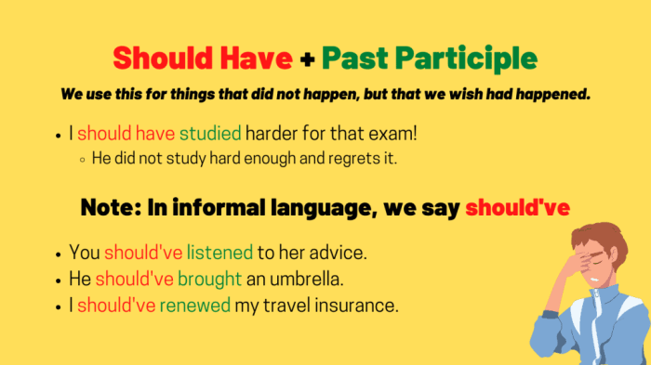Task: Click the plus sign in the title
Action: pos(308,59)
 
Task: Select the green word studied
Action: pos(211,134)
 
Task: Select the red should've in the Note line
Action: pos(517,207)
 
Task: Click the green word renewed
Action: pos(194,304)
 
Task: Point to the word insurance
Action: pos(356,304)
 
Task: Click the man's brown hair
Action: pos(596,237)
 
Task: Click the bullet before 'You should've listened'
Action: pos(59,253)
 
